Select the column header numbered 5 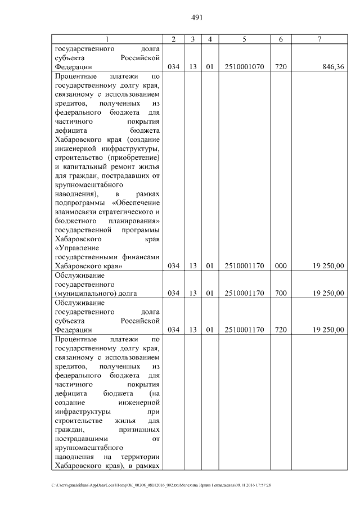point(244,38)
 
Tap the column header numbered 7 point(319,38)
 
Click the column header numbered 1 point(107,38)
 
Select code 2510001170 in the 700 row point(244,293)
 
